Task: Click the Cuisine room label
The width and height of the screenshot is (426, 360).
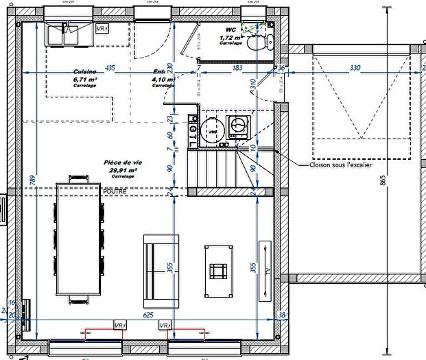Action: (x=85, y=71)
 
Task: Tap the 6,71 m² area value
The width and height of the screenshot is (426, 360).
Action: (x=85, y=80)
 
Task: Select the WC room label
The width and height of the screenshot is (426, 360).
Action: (x=231, y=30)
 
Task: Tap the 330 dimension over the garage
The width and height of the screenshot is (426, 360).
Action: (x=355, y=69)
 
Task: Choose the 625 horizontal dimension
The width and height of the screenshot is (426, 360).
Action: (x=147, y=315)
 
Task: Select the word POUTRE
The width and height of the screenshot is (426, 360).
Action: (x=115, y=191)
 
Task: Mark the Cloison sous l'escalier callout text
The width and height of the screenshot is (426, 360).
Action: (x=338, y=165)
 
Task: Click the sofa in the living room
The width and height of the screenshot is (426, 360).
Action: (x=161, y=271)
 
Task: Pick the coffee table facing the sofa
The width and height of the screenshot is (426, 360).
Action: (x=219, y=271)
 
